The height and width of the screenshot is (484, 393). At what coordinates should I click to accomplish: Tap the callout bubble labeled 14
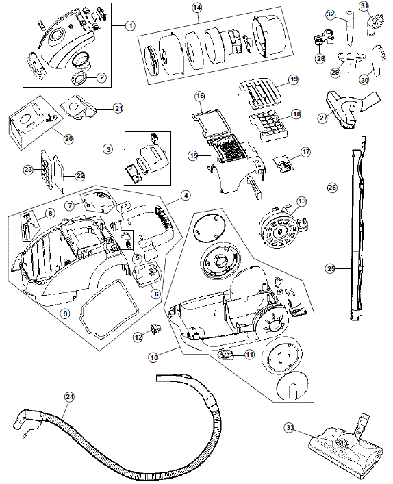coord(198,8)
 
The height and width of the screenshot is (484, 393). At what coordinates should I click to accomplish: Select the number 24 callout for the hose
coord(68,396)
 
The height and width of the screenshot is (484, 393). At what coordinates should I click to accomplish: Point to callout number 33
coord(290,428)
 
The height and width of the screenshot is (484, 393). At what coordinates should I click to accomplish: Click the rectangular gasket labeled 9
coord(103,312)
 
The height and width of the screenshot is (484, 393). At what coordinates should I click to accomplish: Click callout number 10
coord(153,357)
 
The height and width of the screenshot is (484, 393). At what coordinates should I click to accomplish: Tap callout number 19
coord(293,81)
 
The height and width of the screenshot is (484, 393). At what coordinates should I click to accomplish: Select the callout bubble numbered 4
coord(185,195)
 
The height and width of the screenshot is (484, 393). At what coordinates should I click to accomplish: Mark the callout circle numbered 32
coord(330,14)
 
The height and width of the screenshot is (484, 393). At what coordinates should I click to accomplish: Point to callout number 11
coord(249,355)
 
